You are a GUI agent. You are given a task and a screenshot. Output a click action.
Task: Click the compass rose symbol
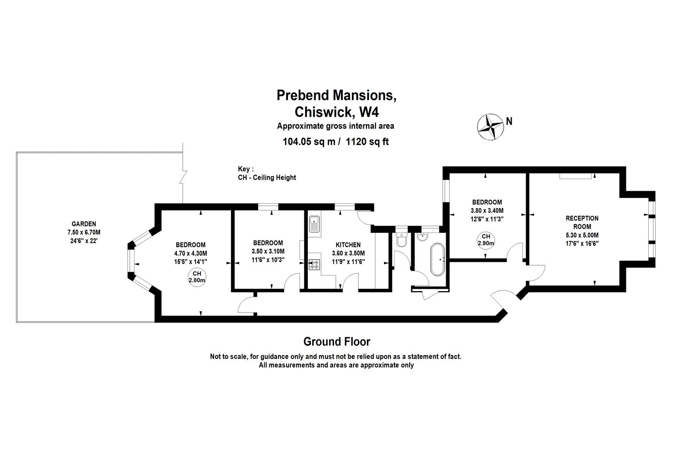click(x=490, y=126)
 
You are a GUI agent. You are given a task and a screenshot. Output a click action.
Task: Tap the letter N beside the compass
click(x=509, y=121)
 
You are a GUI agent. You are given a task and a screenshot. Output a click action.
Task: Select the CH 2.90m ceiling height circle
click(x=486, y=239)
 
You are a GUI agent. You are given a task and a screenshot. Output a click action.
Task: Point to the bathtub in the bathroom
click(x=437, y=260)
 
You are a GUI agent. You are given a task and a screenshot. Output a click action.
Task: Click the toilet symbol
click(x=401, y=239)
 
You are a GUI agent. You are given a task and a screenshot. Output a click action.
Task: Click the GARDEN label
click(x=84, y=224)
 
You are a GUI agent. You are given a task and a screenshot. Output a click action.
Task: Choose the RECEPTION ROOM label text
click(x=582, y=222)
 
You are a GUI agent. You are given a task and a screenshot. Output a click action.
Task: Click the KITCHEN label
click(x=348, y=245)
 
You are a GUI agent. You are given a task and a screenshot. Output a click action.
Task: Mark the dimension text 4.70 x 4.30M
click(x=190, y=253)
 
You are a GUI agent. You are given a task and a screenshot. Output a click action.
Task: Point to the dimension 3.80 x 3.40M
click(x=487, y=211)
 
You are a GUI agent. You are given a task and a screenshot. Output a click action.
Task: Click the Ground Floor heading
click(x=336, y=342)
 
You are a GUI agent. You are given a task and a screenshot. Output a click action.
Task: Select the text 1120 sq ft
click(x=367, y=141)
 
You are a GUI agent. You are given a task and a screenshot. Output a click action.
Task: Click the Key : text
click(x=246, y=169)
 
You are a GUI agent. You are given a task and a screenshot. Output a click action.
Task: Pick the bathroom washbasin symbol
click(x=423, y=237)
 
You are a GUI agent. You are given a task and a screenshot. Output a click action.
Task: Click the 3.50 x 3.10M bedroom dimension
click(x=268, y=251)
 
